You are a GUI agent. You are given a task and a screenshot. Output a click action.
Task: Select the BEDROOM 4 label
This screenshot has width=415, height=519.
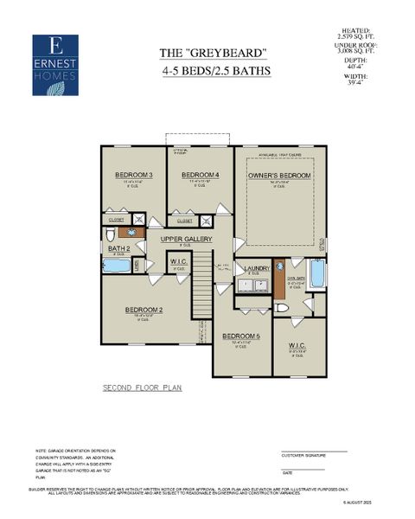point(200,176)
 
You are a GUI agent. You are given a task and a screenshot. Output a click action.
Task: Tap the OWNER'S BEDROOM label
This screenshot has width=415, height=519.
point(278,176)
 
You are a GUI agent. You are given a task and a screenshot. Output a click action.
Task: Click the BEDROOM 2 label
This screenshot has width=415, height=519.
point(144,310)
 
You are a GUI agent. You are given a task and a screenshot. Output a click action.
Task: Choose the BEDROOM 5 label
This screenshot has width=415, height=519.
point(241,336)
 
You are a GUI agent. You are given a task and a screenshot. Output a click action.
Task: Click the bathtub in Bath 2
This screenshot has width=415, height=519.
point(118,266)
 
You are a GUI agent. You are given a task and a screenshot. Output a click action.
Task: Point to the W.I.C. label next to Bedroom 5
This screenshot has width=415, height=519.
point(297,346)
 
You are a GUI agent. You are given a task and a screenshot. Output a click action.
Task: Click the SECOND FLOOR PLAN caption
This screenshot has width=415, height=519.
point(142,388)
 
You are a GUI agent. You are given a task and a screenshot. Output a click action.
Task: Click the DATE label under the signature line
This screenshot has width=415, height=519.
point(287,472)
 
